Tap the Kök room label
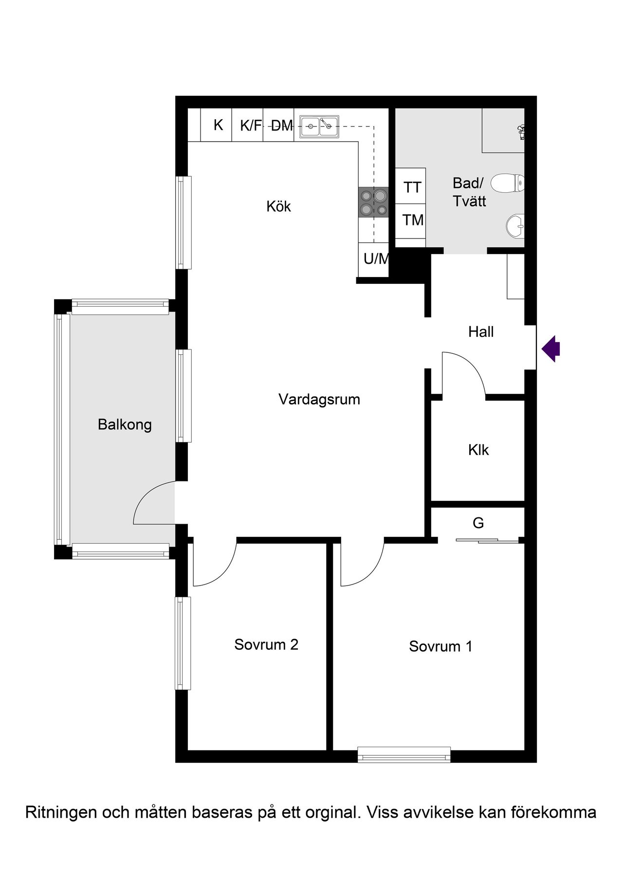[278, 206]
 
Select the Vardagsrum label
[319, 400]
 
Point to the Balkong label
[125, 425]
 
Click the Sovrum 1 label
[440, 646]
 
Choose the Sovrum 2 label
[266, 644]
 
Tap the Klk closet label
[478, 450]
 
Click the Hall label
[481, 332]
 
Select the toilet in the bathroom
[507, 184]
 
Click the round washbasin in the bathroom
[515, 226]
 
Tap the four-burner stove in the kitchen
[374, 202]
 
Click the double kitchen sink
[319, 127]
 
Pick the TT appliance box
[410, 186]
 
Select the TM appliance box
[410, 221]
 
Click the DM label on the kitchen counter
[282, 126]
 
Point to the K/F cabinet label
[251, 126]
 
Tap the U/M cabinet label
[376, 258]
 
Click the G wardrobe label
[478, 523]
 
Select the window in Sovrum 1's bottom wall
[404, 754]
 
